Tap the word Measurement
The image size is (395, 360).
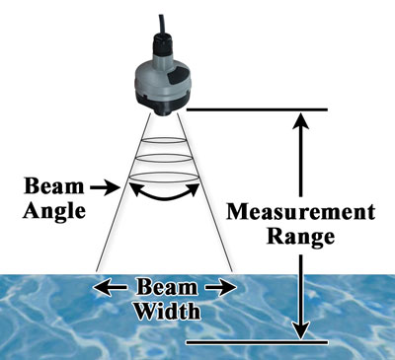click(x=299, y=213)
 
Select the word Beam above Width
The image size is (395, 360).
click(x=165, y=288)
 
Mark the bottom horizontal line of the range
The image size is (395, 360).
click(x=261, y=342)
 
